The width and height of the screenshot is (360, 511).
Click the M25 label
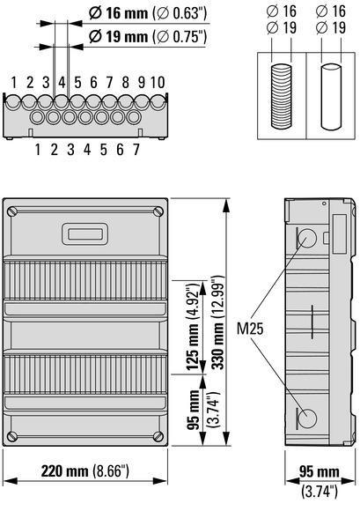click(250, 328)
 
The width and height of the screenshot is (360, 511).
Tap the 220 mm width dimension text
click(64, 471)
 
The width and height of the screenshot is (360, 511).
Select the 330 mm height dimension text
click(217, 346)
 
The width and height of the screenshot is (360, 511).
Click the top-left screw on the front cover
click(13, 211)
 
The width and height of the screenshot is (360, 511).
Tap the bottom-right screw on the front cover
click(158, 435)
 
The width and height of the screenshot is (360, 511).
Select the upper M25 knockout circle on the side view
click(307, 238)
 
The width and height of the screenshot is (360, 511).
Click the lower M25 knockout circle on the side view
click(307, 418)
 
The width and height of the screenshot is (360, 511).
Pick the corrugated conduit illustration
click(282, 96)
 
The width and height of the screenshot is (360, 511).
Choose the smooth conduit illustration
click(331, 97)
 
